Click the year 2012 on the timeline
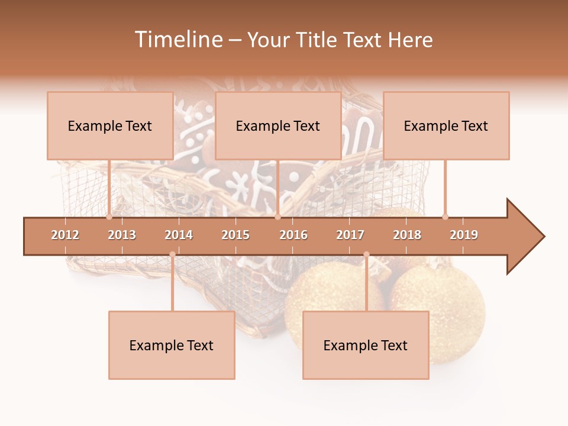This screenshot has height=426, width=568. (65, 235)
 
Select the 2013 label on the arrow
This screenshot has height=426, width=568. (122, 235)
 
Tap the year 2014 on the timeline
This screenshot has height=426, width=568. (179, 235)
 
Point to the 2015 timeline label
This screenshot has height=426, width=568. (235, 235)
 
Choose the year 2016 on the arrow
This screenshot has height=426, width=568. (293, 235)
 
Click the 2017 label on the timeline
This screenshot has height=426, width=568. (350, 235)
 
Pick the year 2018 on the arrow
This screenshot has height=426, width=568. (407, 235)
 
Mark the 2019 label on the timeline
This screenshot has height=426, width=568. (464, 235)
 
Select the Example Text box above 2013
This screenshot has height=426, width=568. (110, 126)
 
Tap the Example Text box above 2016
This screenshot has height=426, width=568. (278, 126)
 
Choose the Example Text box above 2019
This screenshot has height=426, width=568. (446, 126)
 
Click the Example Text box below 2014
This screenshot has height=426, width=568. (172, 346)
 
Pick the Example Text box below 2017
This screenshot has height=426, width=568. (366, 346)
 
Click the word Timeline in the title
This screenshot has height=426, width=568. (178, 40)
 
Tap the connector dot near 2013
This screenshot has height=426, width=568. (109, 217)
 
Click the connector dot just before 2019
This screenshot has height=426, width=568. (445, 217)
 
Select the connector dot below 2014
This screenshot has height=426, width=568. (172, 254)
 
